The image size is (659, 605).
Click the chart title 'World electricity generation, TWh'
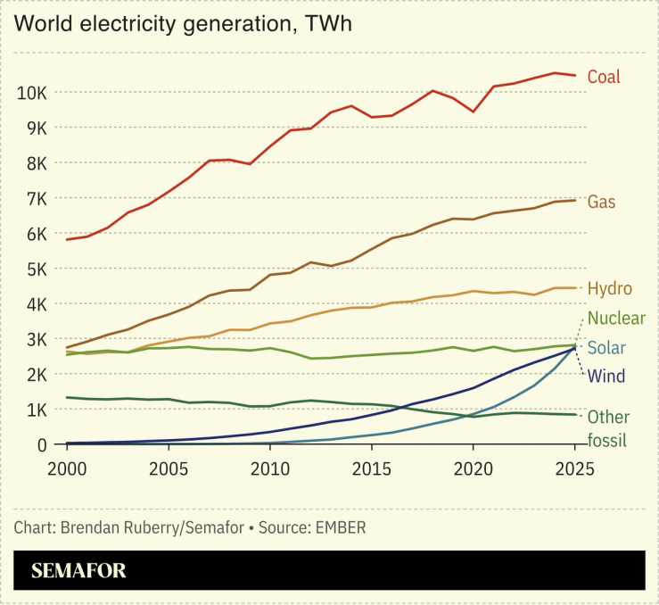tap(183, 24)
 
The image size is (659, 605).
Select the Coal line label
tap(604, 77)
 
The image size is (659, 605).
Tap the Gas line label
tap(601, 202)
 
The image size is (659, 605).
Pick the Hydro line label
tap(610, 289)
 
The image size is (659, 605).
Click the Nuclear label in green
tap(616, 319)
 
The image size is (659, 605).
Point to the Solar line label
tap(606, 348)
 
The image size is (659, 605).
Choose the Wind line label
tap(606, 377)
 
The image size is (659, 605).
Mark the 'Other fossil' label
tap(608, 427)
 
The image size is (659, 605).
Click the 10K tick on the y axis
tap(32, 93)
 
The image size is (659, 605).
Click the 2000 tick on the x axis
tap(66, 468)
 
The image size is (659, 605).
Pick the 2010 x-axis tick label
tap(271, 468)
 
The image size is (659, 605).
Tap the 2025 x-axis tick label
tap(575, 468)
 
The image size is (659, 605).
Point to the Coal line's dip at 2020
tap(473, 112)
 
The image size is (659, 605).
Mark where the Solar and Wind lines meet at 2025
tap(575, 346)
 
